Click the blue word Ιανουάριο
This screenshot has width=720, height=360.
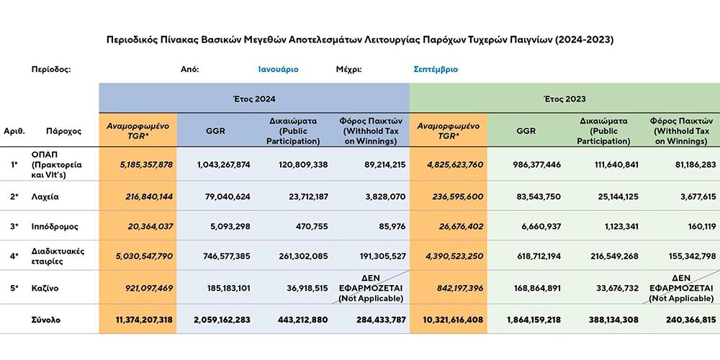[278, 70]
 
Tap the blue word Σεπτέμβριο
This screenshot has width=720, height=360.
[436, 70]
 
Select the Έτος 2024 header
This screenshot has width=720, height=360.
[254, 99]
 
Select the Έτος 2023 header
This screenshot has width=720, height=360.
[564, 99]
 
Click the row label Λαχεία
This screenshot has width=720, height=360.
[45, 197]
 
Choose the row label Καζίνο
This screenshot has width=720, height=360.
[45, 289]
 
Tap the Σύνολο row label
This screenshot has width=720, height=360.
[46, 320]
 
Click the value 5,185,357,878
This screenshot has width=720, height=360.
[140, 164]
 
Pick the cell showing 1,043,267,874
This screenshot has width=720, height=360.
[224, 164]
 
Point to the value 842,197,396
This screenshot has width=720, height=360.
[458, 289]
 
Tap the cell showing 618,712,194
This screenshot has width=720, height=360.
[534, 256]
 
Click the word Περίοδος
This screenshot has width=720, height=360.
[51, 70]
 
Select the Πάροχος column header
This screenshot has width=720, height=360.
[64, 131]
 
